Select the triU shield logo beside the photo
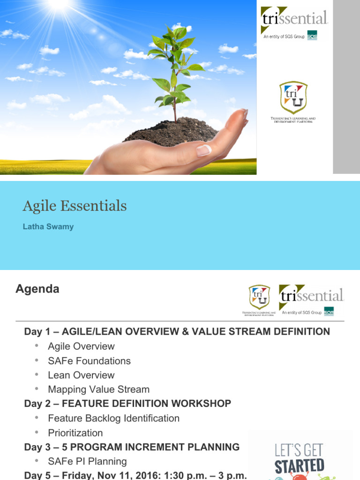coord(293,97)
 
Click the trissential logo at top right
coord(294,19)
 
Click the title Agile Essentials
coord(75,206)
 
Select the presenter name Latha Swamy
coord(48,227)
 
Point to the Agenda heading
coord(37,289)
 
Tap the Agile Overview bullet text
coord(81,346)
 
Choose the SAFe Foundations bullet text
coord(89,361)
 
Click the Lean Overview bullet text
coord(81,375)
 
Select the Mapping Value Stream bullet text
coord(98,390)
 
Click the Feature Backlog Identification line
coord(113,418)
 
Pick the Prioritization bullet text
coord(75,433)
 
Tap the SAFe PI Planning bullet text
coord(87,461)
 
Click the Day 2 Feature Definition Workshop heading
coord(127,404)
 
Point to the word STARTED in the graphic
coord(299,466)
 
